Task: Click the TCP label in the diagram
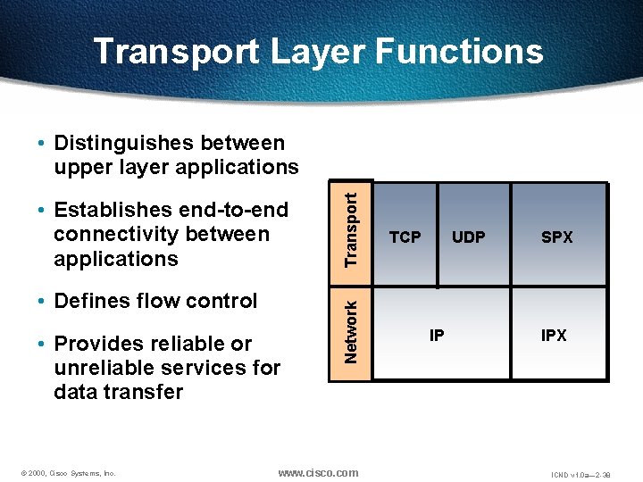point(405,237)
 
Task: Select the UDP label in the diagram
point(469,237)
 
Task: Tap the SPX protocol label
point(557,237)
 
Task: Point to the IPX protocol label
point(554,336)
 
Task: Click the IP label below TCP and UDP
point(437,336)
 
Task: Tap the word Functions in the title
point(459,51)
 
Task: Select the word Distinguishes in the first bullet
point(122,143)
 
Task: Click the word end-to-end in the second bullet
point(237,210)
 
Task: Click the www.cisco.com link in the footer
point(318,472)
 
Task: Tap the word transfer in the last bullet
point(144,392)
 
